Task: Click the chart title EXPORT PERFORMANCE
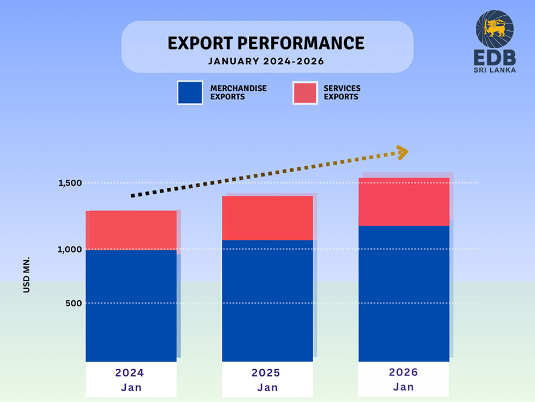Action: (x=266, y=43)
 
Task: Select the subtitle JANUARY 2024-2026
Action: (x=266, y=61)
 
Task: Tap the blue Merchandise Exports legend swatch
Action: (x=190, y=93)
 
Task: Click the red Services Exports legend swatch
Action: (x=305, y=93)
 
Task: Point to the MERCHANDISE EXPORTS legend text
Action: (x=238, y=93)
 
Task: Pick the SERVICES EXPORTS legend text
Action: (x=342, y=93)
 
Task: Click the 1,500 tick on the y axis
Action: (x=70, y=183)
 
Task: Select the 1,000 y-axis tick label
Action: (x=70, y=249)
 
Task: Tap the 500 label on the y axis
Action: (x=74, y=303)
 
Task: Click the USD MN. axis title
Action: (x=27, y=275)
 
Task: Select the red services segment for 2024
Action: (x=131, y=230)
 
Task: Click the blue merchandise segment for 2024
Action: (x=131, y=306)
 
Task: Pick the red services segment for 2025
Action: (x=267, y=218)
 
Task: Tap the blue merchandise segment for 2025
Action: (x=267, y=301)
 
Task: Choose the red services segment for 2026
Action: (x=404, y=202)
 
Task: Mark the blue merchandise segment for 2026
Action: (x=404, y=294)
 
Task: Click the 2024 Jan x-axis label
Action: (x=131, y=380)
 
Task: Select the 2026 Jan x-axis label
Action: (x=404, y=379)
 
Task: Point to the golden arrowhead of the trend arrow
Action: (x=401, y=152)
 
